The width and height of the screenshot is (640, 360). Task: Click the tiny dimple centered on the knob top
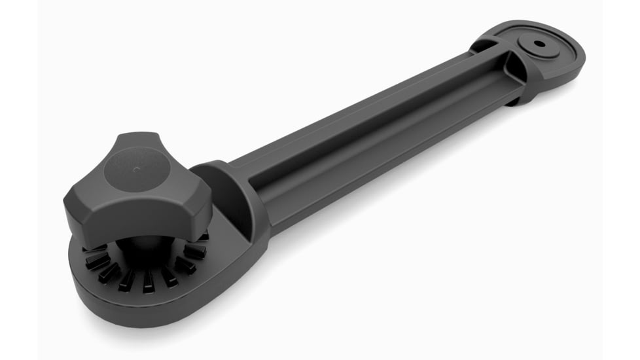click(136, 169)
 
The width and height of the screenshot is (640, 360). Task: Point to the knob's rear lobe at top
click(134, 141)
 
